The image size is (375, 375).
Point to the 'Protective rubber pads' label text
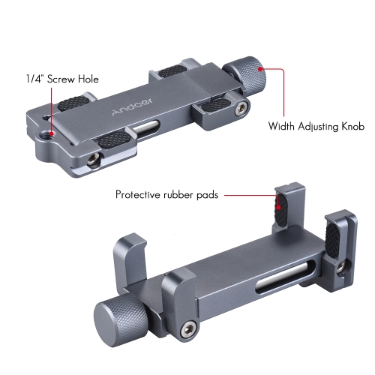(166, 194)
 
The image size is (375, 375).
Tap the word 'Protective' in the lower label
(139, 194)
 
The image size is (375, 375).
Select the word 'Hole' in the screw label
(87, 79)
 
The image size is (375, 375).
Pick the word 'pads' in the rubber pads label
(205, 195)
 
